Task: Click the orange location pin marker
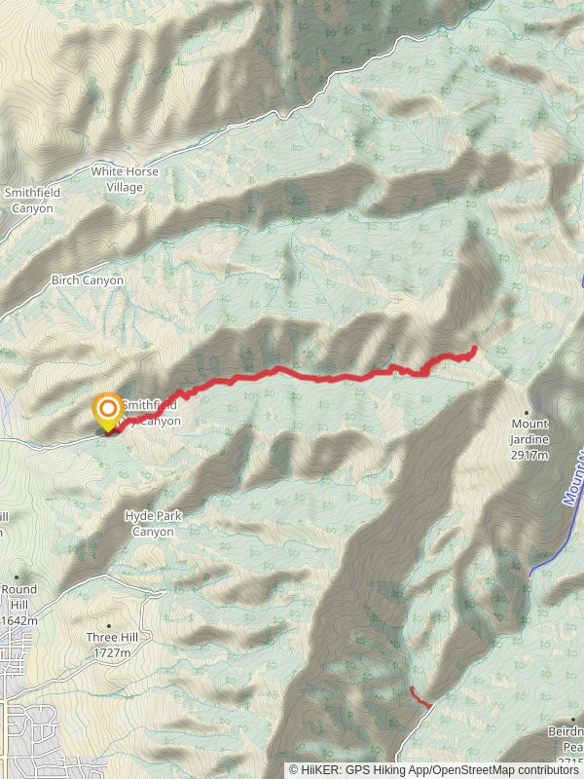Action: (x=106, y=411)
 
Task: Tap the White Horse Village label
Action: (x=125, y=178)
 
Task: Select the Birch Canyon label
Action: (x=88, y=280)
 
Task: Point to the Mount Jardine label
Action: (x=530, y=431)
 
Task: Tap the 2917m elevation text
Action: (x=530, y=453)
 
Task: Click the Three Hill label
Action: (x=108, y=639)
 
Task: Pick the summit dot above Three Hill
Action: (x=108, y=625)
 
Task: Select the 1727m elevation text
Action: (x=108, y=652)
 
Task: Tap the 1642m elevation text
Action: (x=18, y=620)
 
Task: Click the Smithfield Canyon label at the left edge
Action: (x=32, y=200)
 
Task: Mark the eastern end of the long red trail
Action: (x=474, y=348)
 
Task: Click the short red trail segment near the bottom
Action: (x=420, y=697)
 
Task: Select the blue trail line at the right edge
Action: (x=568, y=506)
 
